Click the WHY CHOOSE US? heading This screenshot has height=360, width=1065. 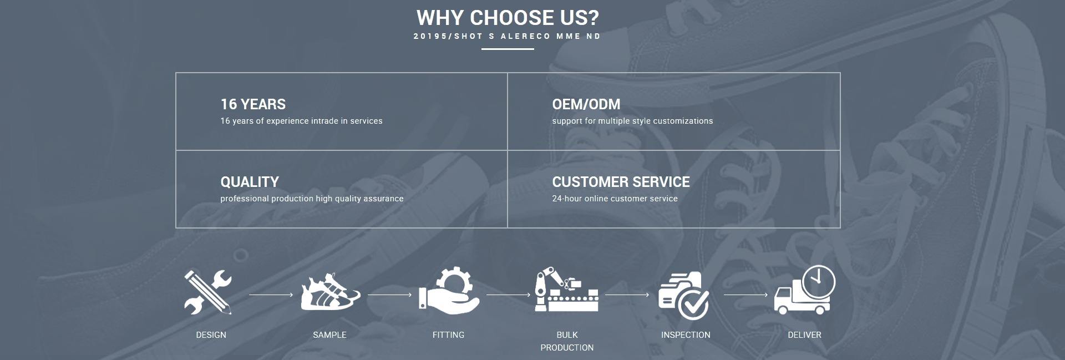(508, 18)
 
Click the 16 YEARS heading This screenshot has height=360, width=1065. (253, 104)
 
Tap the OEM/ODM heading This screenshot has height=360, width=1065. (586, 104)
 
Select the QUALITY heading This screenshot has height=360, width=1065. (250, 182)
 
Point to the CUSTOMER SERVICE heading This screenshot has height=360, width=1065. (621, 182)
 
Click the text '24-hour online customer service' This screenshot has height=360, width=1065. (615, 199)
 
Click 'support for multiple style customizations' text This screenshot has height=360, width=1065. (632, 121)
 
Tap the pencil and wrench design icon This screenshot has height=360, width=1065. (209, 292)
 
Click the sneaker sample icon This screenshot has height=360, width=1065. (329, 292)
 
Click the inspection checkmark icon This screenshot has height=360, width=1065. (684, 295)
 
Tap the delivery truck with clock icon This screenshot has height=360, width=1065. (804, 291)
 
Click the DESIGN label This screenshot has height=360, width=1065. (211, 335)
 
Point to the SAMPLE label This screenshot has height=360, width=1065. (329, 335)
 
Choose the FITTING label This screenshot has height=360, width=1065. (448, 335)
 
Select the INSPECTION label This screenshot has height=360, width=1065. (686, 335)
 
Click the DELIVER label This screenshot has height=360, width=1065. (804, 335)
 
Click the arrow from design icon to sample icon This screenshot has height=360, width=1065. (271, 295)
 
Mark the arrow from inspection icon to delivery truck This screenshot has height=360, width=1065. (745, 295)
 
